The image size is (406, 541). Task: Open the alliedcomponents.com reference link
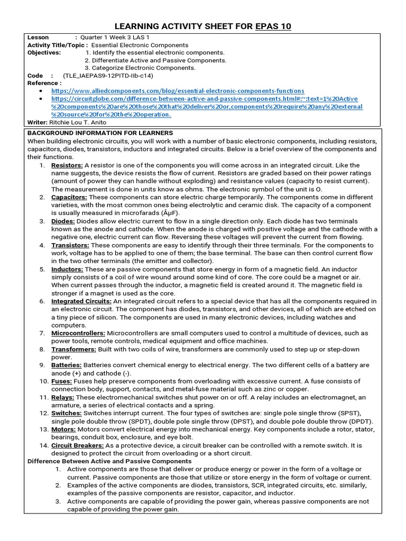(x=178, y=91)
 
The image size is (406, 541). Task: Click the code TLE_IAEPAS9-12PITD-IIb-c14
(x=107, y=76)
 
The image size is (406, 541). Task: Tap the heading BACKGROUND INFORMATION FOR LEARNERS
(x=100, y=133)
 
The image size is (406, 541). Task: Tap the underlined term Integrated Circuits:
(x=81, y=301)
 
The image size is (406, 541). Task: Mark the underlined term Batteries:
(x=67, y=365)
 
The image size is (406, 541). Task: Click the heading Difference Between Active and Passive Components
(x=109, y=461)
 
